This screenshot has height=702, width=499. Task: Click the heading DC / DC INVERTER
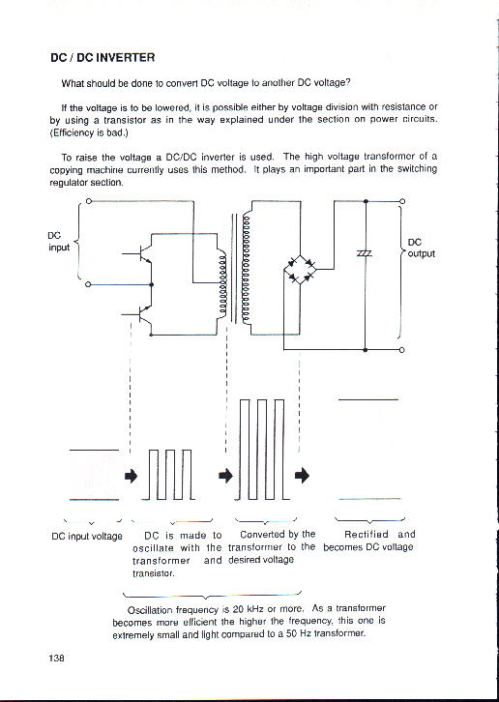click(x=103, y=57)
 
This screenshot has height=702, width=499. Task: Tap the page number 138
click(x=57, y=658)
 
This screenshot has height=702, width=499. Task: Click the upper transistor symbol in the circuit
click(x=140, y=254)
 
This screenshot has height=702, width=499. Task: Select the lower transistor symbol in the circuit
click(x=140, y=315)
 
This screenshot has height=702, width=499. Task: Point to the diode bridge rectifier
click(x=300, y=269)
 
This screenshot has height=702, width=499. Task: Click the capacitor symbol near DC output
click(x=366, y=253)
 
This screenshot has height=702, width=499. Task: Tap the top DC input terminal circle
click(x=89, y=201)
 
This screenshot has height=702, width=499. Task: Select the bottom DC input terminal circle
click(x=88, y=284)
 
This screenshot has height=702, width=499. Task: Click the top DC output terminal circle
click(x=401, y=201)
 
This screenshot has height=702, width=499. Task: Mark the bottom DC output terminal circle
click(x=401, y=350)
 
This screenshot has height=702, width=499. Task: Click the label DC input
click(x=59, y=242)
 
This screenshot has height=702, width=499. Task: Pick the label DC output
click(x=421, y=249)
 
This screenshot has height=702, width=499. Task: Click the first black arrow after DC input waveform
click(x=131, y=476)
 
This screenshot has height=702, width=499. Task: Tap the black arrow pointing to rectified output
click(x=303, y=475)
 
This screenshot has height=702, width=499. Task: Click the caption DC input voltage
click(x=87, y=536)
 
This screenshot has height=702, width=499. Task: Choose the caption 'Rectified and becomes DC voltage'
click(x=369, y=541)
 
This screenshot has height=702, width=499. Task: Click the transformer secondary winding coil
click(x=246, y=269)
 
